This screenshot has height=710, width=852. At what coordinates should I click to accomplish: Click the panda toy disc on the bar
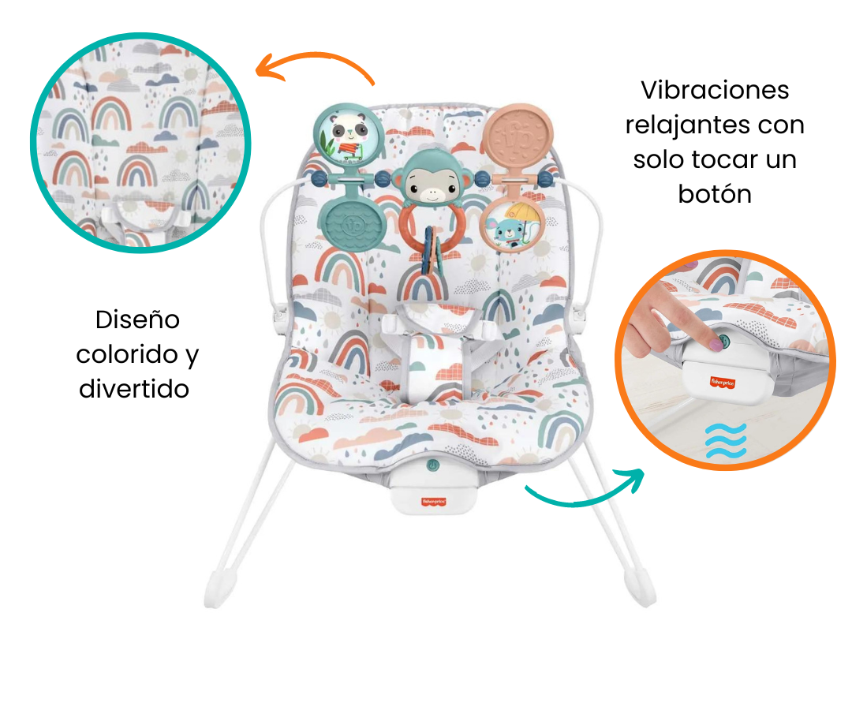[344, 136]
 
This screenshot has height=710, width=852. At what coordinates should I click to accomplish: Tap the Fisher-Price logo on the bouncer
[432, 499]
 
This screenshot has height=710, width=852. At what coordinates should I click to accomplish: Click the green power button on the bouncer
[432, 466]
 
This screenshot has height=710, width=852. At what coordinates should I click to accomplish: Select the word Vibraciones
[715, 90]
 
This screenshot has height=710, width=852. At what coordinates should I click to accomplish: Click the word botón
[715, 194]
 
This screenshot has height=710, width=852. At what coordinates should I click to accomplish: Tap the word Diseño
[137, 319]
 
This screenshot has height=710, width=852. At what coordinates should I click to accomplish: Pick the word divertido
[135, 388]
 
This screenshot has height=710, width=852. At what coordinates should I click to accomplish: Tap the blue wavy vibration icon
[725, 440]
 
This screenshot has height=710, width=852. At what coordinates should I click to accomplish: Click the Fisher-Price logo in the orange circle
[727, 381]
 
